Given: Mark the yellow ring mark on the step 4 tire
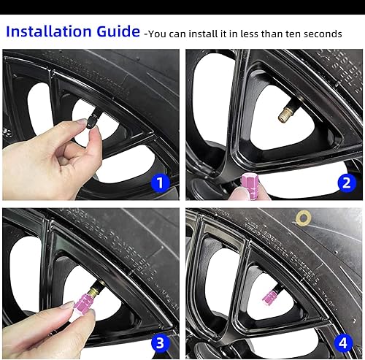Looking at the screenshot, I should (302, 217).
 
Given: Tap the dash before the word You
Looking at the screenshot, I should (147, 35).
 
